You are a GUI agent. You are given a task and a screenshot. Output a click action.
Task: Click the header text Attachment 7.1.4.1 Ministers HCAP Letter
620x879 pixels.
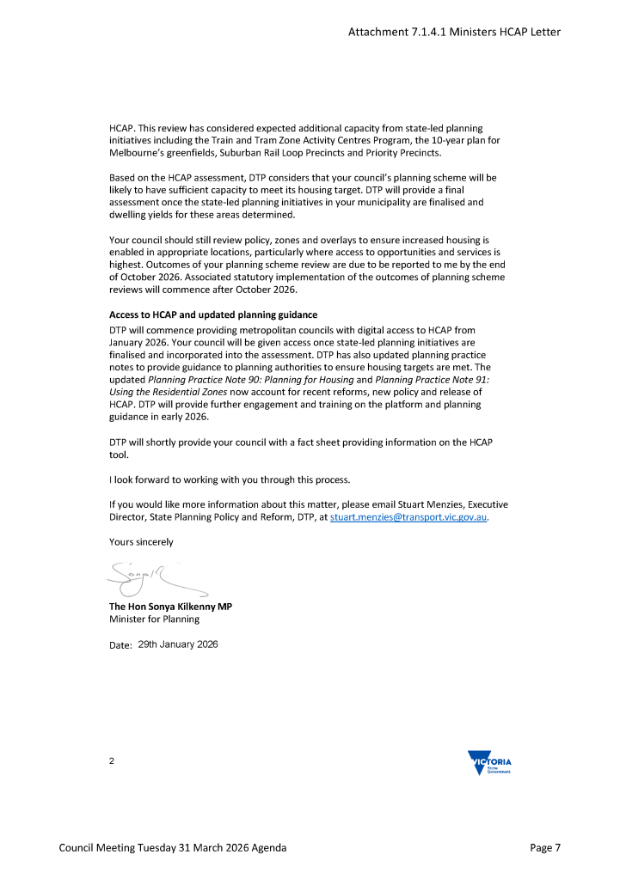click(454, 32)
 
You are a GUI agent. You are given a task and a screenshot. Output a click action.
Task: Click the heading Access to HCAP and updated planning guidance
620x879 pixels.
click(213, 314)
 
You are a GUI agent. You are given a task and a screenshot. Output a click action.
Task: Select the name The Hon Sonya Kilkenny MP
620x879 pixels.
click(170, 606)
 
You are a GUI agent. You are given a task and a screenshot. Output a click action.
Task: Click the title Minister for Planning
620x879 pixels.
click(154, 619)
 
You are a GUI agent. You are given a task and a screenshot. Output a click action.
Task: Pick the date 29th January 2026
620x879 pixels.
click(178, 644)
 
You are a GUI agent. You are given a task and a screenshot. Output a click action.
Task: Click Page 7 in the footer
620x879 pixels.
click(545, 848)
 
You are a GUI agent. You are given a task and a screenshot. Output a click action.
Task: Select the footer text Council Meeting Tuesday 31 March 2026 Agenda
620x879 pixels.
click(172, 848)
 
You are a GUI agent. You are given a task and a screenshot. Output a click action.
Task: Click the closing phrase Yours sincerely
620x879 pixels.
click(141, 542)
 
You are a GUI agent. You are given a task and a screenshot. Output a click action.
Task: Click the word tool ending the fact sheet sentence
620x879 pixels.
click(118, 455)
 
